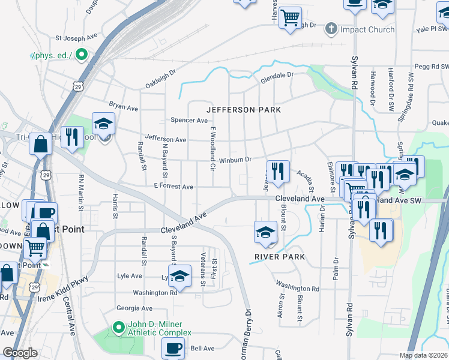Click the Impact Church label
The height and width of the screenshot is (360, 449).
pos(367,29)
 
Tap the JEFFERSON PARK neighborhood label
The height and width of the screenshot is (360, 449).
pos(244,110)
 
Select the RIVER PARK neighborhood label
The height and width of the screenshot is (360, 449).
pos(280,257)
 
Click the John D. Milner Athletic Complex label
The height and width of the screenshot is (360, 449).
pos(159,329)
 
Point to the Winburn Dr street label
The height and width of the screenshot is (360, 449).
pos(235,160)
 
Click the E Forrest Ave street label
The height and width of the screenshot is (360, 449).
pos(173,187)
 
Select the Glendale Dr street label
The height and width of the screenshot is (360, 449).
pos(277,76)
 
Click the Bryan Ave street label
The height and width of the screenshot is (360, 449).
pos(124,107)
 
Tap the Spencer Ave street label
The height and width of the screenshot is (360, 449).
pos(189,120)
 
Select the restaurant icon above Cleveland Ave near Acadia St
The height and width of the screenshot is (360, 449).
pos(278,171)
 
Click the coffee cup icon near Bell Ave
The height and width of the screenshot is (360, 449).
pos(173,347)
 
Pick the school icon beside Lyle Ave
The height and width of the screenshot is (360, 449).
pos(179,275)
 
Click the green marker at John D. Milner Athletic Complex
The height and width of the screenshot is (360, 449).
pos(118,329)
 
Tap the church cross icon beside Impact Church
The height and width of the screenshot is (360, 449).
pos(331,29)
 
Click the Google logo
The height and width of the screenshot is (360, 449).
pos(20,353)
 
